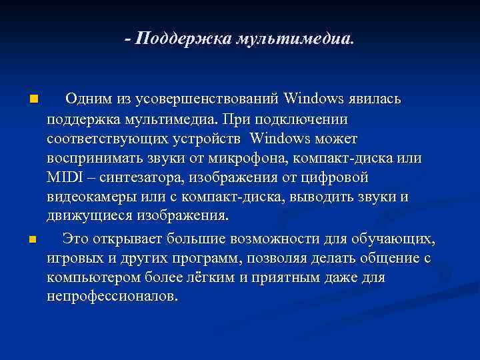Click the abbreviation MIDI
63,178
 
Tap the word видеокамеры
90,198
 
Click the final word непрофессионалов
111,296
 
